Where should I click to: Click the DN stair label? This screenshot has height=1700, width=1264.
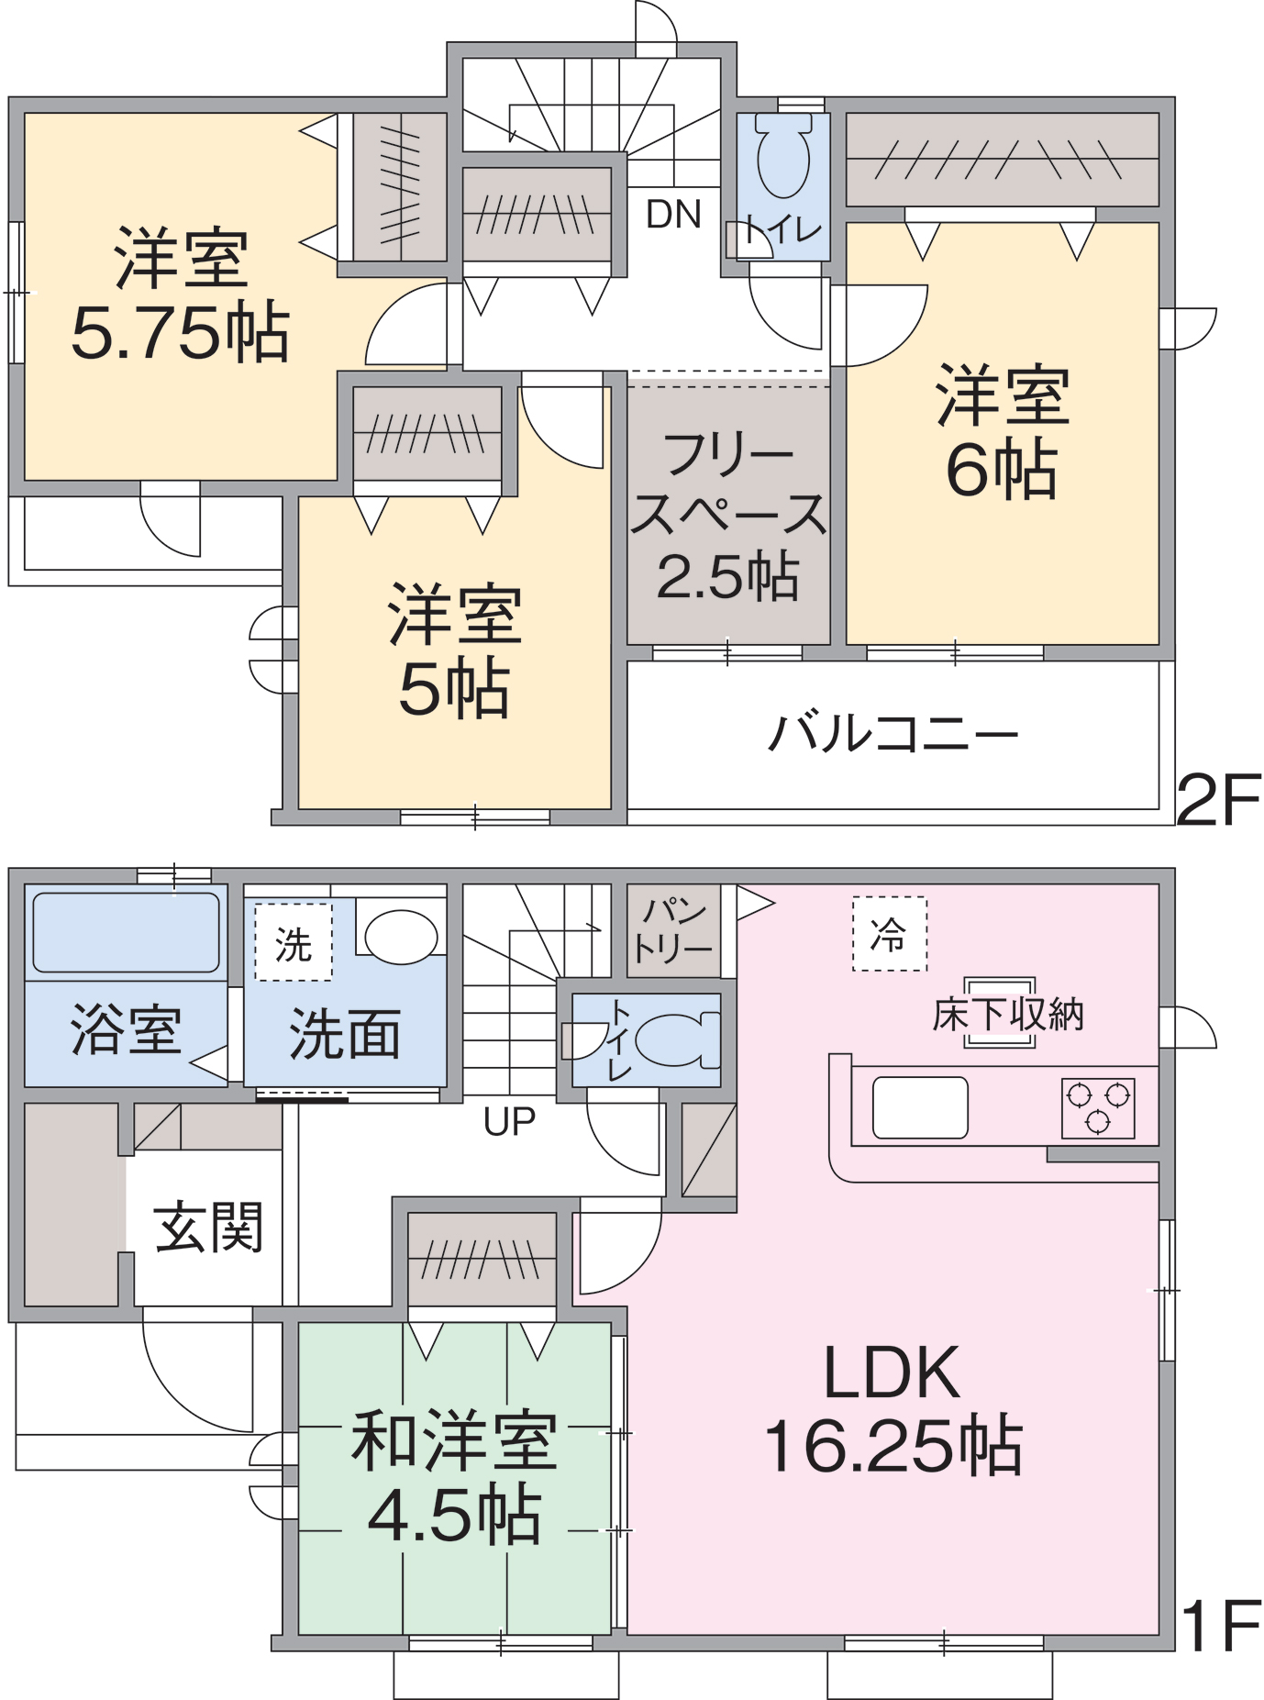click(673, 215)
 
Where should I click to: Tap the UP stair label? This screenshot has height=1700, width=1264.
click(509, 1121)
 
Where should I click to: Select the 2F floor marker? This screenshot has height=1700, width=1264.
click(1218, 800)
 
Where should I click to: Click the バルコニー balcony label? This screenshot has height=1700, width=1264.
click(893, 734)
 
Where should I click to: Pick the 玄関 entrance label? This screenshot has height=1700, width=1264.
click(209, 1228)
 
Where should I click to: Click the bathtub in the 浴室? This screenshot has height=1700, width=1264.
click(126, 932)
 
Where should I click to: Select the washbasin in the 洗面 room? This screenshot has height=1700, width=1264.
click(401, 936)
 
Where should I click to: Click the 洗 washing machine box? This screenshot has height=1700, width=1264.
click(294, 943)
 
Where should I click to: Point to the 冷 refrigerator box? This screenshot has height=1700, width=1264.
click(889, 934)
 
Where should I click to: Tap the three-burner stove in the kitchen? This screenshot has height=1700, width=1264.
click(1098, 1107)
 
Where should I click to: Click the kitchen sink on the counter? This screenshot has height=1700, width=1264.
click(920, 1107)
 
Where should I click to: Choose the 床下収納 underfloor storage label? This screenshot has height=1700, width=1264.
click(1007, 1015)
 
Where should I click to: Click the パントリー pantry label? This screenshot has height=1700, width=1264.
click(673, 930)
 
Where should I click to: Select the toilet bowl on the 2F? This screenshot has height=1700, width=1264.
click(783, 156)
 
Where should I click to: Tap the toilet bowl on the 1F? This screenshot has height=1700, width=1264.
click(674, 1039)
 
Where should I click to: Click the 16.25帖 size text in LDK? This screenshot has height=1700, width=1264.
click(893, 1447)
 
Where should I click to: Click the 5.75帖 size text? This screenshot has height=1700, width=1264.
click(181, 332)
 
